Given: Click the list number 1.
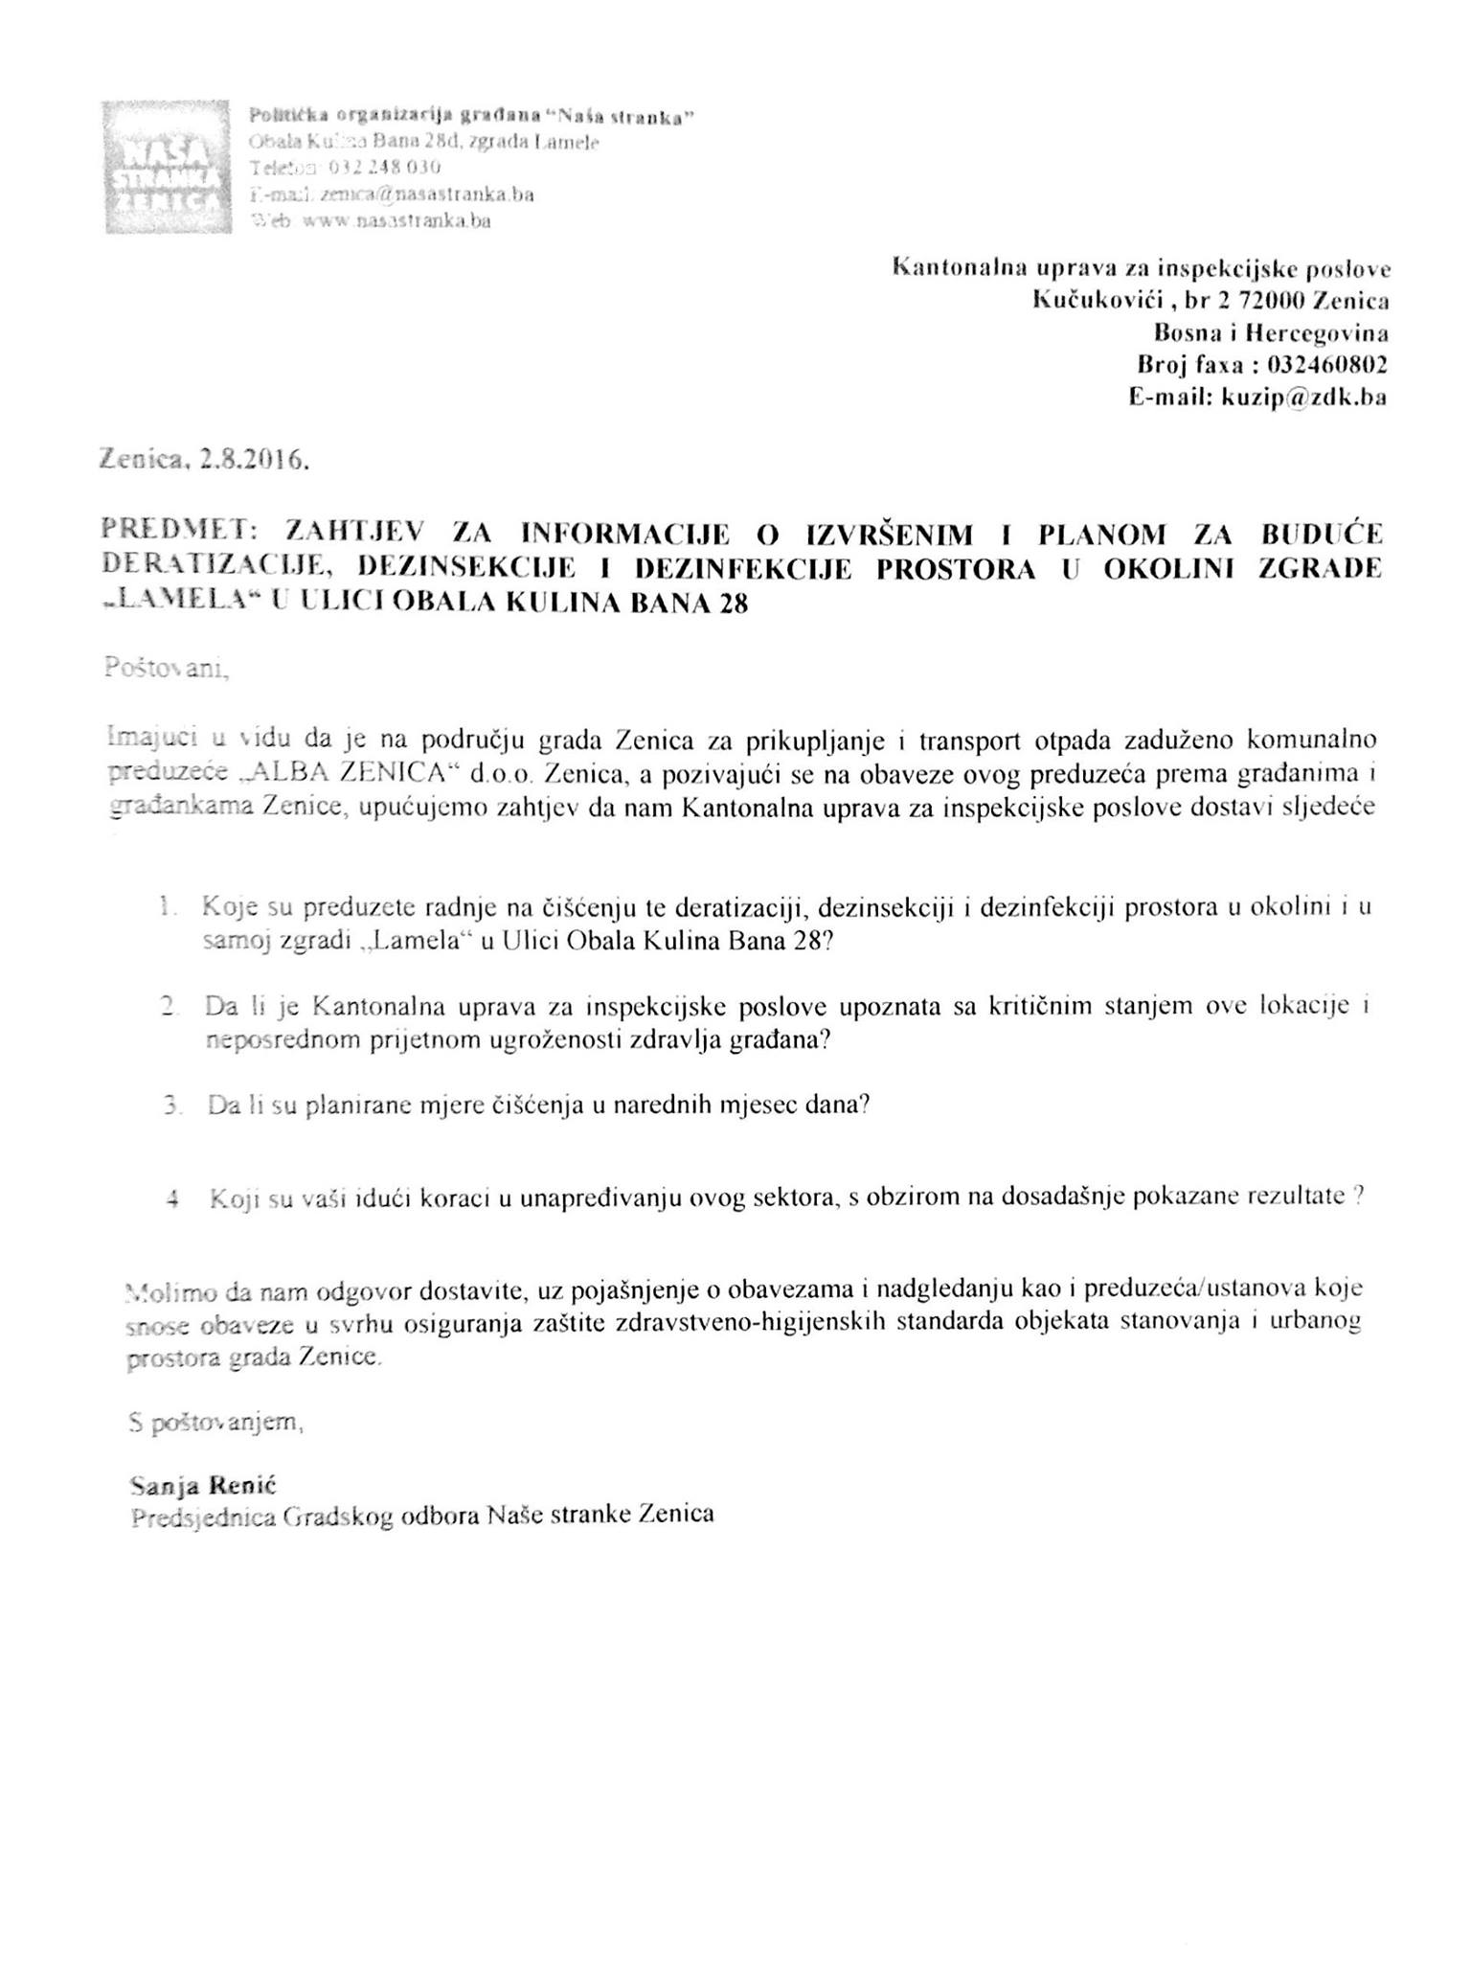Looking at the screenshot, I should [169, 905].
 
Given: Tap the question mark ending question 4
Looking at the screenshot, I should [1359, 1197].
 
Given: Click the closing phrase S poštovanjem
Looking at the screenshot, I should [215, 1424].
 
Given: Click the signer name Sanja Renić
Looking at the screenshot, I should [202, 1486].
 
